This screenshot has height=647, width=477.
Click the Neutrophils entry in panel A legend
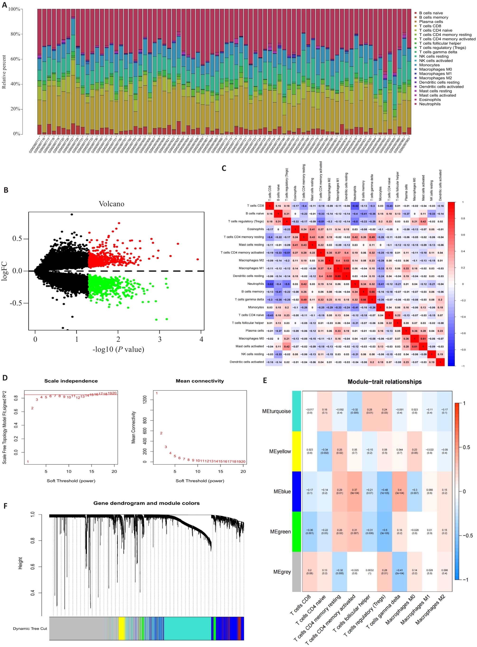tap(430, 104)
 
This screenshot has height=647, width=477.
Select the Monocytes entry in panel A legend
tap(429, 65)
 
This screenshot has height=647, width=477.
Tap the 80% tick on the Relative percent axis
tap(15, 34)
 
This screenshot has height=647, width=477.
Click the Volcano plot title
tap(111, 204)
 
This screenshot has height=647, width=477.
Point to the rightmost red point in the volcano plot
tap(198, 259)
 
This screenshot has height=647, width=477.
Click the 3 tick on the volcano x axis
tap(160, 339)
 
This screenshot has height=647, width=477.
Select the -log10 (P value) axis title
tap(118, 349)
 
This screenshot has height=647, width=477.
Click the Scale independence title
tap(71, 381)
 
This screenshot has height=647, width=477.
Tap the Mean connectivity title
tap(200, 381)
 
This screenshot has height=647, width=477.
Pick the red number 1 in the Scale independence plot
tap(28, 462)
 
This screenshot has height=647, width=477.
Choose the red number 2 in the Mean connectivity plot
tap(161, 433)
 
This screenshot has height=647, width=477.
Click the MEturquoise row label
tap(276, 411)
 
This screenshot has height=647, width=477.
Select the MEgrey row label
tap(282, 572)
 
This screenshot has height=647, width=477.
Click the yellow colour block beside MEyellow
tap(297, 451)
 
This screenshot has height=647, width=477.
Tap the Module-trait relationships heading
tap(384, 382)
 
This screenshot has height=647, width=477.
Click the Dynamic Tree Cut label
tap(30, 628)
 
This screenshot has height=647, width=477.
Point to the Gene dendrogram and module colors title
tap(146, 503)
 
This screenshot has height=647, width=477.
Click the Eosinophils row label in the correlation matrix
tap(255, 229)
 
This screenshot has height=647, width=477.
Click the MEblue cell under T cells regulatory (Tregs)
tap(384, 492)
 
